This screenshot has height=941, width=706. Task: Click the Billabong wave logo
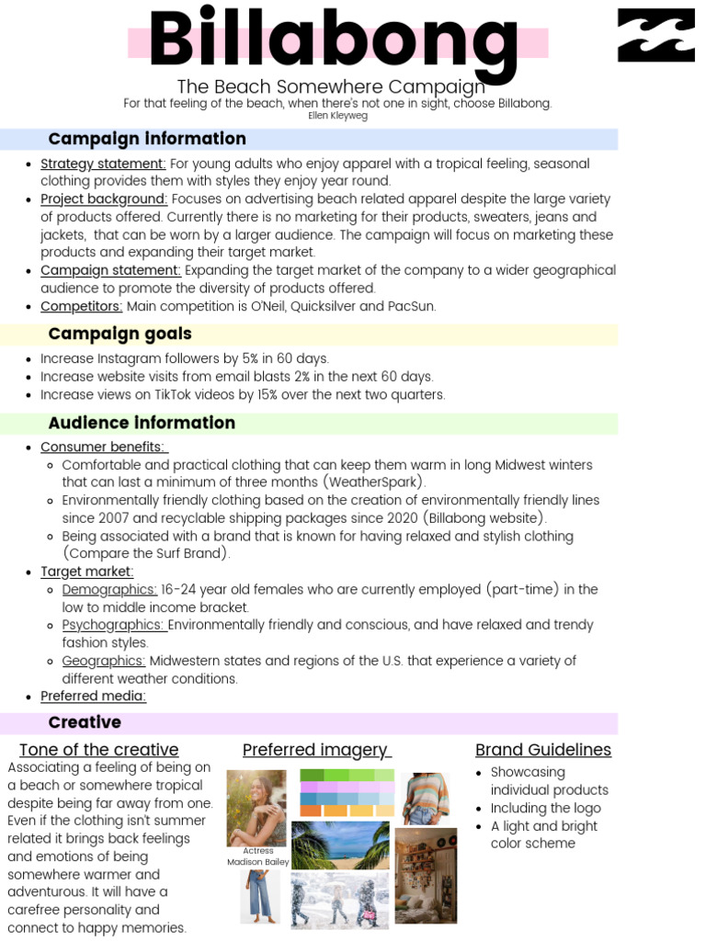point(655,36)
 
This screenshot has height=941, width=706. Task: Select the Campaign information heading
point(147,139)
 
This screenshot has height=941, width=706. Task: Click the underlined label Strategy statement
point(103,164)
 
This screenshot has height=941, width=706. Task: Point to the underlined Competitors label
point(81,306)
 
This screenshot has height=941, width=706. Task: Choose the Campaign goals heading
point(120,334)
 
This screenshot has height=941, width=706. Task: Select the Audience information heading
point(142,423)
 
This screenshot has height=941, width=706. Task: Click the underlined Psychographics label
point(114,625)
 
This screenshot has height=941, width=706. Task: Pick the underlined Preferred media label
point(93,696)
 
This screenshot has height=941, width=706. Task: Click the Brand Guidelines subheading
point(542,750)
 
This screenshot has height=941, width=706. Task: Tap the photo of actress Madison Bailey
point(256,807)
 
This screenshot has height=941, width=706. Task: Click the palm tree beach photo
point(340,845)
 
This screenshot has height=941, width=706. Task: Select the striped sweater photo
point(425,798)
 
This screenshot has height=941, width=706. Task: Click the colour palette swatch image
point(347,792)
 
